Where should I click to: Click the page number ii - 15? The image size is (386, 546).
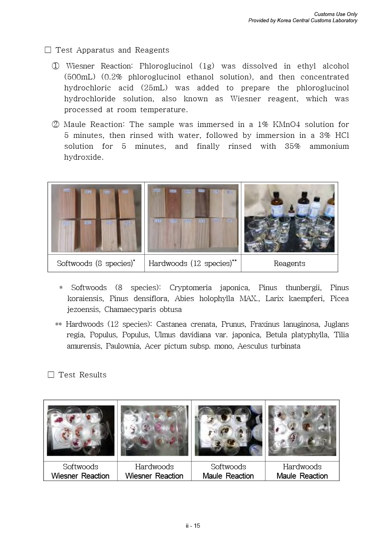point(193,526)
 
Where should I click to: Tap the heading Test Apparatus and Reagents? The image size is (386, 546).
point(112,50)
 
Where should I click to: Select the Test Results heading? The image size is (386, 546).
point(82,375)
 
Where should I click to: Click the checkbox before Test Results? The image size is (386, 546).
point(51,375)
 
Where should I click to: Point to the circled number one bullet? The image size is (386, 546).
point(56,66)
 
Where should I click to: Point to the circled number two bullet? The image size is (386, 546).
point(56,125)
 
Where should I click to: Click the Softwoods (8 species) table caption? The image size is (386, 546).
point(96,264)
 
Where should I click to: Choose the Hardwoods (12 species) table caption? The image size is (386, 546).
point(193,264)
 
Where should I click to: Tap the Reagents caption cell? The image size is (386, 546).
point(289,264)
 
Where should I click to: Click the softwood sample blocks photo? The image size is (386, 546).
point(96,218)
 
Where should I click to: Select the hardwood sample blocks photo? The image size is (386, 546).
point(193,218)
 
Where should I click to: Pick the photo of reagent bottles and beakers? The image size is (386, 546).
point(289,218)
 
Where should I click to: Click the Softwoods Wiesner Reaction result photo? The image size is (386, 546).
point(81,430)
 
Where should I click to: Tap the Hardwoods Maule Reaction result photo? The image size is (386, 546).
point(302,430)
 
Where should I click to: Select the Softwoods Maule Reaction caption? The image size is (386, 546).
point(228,471)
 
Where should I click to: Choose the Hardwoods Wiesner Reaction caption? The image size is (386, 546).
point(154,471)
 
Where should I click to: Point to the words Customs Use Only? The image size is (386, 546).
point(335,14)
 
